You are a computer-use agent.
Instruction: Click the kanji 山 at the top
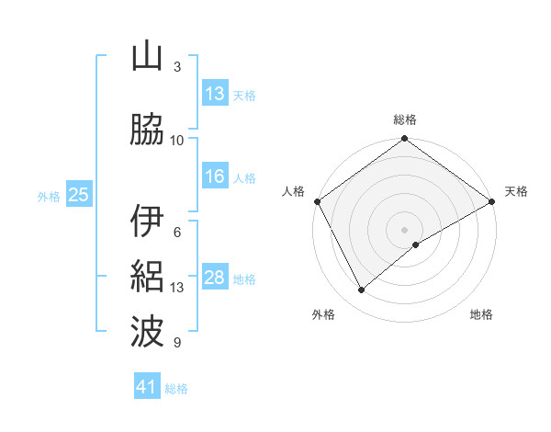[x=148, y=57]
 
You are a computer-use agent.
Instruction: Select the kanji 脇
[x=148, y=131]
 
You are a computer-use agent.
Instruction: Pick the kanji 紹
[x=148, y=277]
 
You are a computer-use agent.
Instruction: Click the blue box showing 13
[x=215, y=94]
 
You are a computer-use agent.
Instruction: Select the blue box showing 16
[x=215, y=176]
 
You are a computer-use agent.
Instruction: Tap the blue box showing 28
[x=215, y=278]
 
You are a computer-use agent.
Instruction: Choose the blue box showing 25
[x=78, y=195]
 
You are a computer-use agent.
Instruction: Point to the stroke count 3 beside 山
[x=177, y=66]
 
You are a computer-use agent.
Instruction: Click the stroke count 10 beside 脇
[x=177, y=140]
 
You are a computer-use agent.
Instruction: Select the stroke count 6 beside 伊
[x=177, y=232]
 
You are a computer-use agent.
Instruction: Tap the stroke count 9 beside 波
[x=177, y=343]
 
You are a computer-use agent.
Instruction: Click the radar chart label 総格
[x=404, y=119]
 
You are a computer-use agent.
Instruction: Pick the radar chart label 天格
[x=516, y=191]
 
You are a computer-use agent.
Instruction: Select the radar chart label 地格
[x=481, y=314]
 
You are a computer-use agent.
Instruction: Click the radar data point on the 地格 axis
[x=416, y=244]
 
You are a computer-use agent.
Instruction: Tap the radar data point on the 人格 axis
[x=317, y=200]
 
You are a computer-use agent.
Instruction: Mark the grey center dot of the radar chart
[x=404, y=229]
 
